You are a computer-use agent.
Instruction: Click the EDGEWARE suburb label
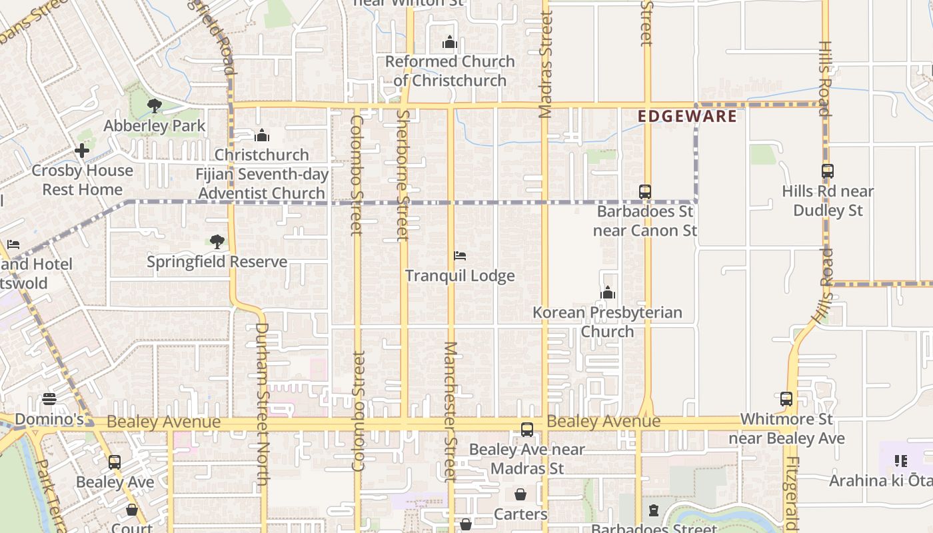(x=687, y=117)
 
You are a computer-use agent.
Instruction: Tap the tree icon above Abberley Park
(x=155, y=105)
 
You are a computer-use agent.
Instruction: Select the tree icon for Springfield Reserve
(x=217, y=241)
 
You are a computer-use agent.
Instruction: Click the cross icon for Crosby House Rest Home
(x=82, y=151)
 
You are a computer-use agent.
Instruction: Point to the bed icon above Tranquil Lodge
(x=460, y=256)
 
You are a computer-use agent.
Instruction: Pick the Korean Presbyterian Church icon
(x=607, y=292)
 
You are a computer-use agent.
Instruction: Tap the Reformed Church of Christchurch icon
(x=450, y=43)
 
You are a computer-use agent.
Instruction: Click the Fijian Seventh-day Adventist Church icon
(x=262, y=135)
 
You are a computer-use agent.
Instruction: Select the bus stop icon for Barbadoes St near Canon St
(x=644, y=192)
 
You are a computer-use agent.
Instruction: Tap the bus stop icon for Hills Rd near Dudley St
(x=828, y=171)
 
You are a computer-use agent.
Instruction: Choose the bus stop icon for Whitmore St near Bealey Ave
(x=786, y=399)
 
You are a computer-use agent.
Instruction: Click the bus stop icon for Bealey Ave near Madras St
(x=527, y=430)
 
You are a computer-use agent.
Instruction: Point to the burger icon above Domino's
(x=49, y=399)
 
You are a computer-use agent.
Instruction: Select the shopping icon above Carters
(x=520, y=494)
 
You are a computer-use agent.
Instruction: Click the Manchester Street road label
(x=451, y=411)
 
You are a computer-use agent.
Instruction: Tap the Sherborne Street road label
(x=403, y=175)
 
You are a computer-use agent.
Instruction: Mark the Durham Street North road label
(x=262, y=404)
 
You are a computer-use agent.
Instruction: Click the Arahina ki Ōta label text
(x=880, y=480)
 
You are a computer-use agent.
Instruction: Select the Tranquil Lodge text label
(x=460, y=276)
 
